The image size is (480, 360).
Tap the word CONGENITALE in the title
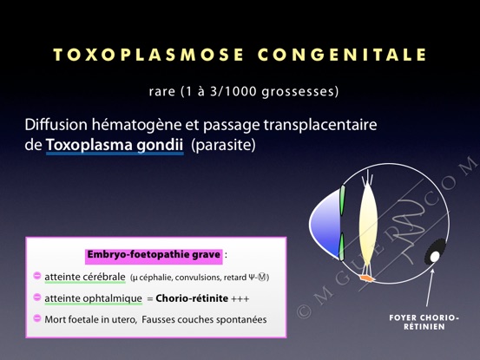342,55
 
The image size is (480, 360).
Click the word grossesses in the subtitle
300,92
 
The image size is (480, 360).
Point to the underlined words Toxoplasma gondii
115,145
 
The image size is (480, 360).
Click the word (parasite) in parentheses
223,145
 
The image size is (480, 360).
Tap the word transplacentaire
320,125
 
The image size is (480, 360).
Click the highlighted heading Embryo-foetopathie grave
154,254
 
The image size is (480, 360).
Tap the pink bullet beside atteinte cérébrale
37,276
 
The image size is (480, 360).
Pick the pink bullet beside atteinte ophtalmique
37,297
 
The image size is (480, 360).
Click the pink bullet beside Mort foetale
37,318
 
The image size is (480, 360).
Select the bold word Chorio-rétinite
192,298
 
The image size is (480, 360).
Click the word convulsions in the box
198,278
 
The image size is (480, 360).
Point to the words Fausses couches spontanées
204,320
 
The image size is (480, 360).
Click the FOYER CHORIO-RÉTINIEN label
424,322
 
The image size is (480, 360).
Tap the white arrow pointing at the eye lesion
430,288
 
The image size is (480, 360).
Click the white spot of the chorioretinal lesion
434,257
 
